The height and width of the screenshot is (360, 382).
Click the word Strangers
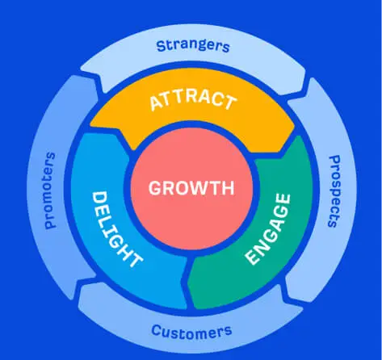click(193, 46)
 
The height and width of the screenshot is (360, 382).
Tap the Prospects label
click(334, 191)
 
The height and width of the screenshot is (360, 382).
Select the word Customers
click(191, 332)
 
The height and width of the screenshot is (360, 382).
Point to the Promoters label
click(49, 190)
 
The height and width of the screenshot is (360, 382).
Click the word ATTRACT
click(193, 100)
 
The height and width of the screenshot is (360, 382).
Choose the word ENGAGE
click(268, 228)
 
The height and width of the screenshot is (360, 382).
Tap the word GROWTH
click(191, 188)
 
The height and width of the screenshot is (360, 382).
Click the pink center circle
click(191, 188)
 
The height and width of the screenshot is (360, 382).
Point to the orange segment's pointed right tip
click(295, 132)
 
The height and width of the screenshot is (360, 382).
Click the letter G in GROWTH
click(156, 188)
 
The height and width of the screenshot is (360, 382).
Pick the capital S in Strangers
click(161, 46)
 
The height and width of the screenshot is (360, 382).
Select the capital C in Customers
click(156, 329)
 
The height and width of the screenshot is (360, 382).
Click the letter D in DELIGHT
click(99, 199)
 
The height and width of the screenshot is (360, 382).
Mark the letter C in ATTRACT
click(214, 98)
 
